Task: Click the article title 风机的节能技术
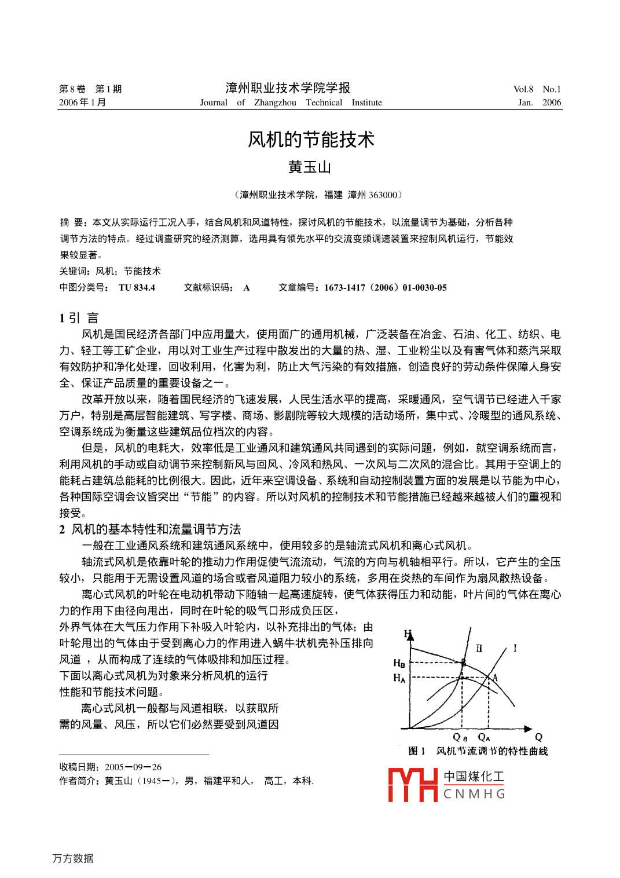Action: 311,140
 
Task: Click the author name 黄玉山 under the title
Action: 310,167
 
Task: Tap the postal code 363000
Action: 383,195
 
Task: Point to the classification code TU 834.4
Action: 137,288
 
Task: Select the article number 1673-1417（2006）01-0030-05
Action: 385,288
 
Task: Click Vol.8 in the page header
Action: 523,89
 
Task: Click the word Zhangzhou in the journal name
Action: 275,103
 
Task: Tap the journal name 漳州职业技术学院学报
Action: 288,88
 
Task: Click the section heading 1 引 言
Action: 79,318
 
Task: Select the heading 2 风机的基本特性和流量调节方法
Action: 150,529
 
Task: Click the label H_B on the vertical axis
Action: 399,663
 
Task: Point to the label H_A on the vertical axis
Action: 399,678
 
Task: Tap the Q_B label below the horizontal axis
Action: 460,737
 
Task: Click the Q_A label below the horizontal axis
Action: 484,737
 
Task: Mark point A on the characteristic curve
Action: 494,676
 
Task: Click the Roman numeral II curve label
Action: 479,648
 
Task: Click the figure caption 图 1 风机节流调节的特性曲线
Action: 478,751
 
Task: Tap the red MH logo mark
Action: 412,785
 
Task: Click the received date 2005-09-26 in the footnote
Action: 133,767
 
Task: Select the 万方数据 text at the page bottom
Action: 73,858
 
